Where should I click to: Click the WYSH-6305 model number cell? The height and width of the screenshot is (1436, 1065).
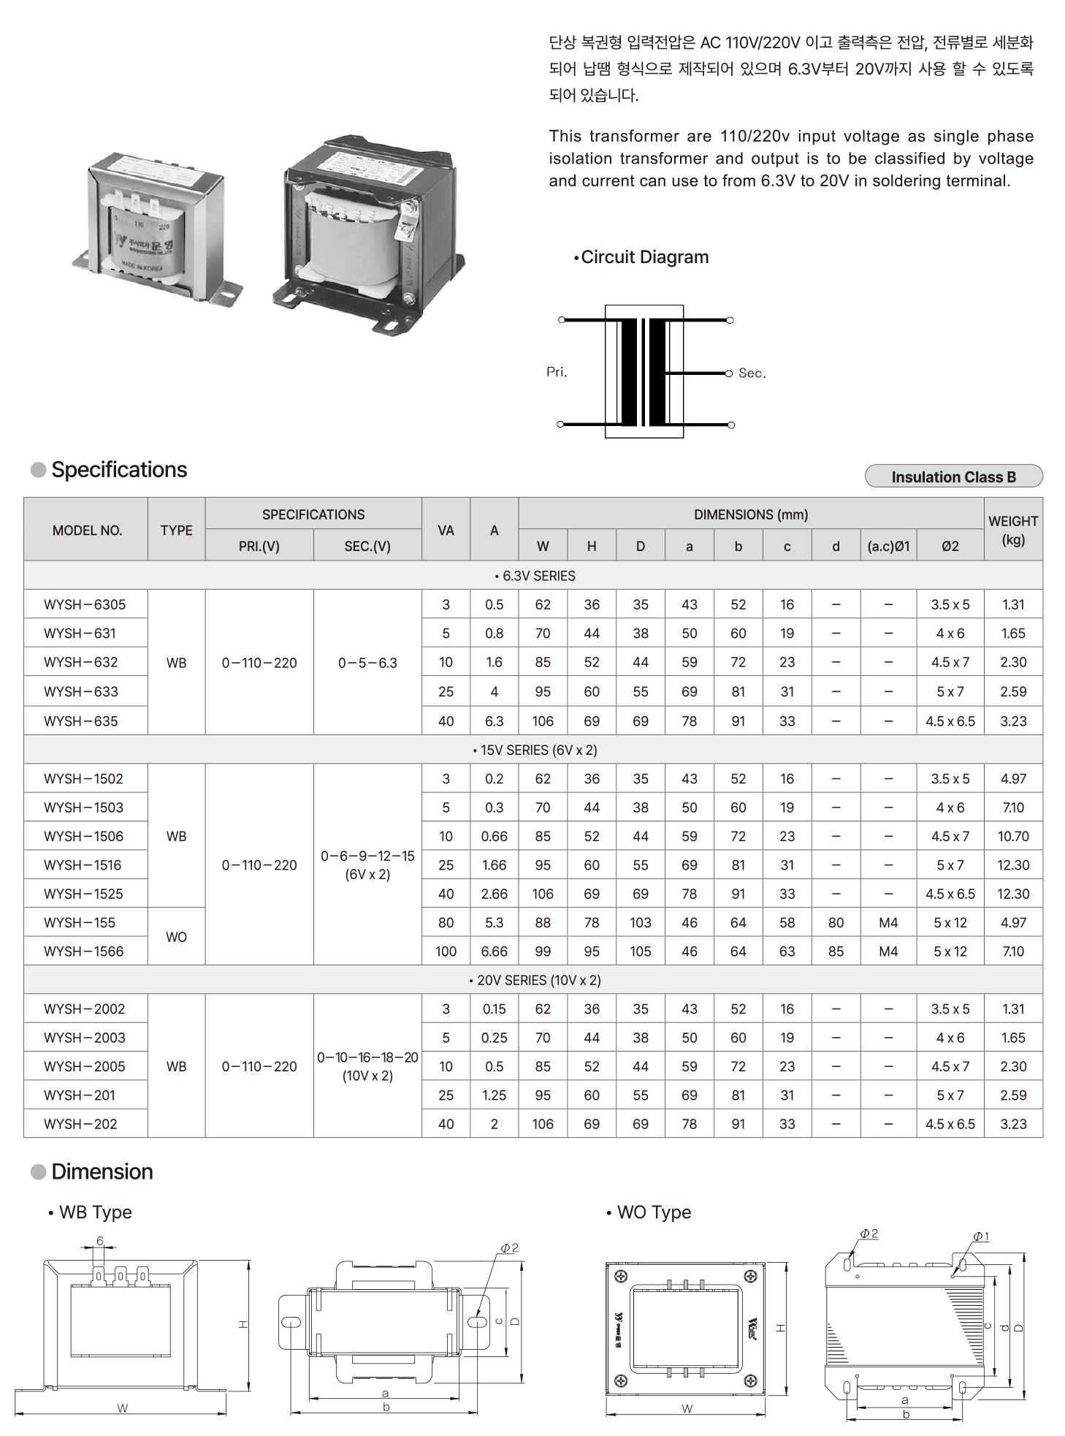click(85, 604)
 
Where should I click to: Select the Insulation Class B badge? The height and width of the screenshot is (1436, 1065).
click(953, 476)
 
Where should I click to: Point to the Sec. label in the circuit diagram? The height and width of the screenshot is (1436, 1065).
click(752, 373)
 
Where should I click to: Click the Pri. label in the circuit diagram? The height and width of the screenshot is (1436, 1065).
click(557, 372)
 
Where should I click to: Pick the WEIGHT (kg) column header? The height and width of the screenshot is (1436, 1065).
click(1012, 530)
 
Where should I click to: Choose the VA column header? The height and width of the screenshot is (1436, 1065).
click(446, 530)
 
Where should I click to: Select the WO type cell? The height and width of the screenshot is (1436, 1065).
click(176, 937)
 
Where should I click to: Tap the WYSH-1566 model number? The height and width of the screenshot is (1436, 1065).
click(84, 951)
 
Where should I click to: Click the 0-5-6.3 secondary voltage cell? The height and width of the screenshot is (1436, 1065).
click(367, 663)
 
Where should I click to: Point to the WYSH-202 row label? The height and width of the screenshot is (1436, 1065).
click(80, 1124)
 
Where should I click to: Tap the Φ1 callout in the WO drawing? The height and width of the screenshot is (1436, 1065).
click(980, 1236)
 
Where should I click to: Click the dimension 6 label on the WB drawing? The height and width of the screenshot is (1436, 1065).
click(100, 1241)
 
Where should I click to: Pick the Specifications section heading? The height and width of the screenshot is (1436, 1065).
click(118, 470)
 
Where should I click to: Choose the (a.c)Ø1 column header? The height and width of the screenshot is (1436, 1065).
click(888, 546)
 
